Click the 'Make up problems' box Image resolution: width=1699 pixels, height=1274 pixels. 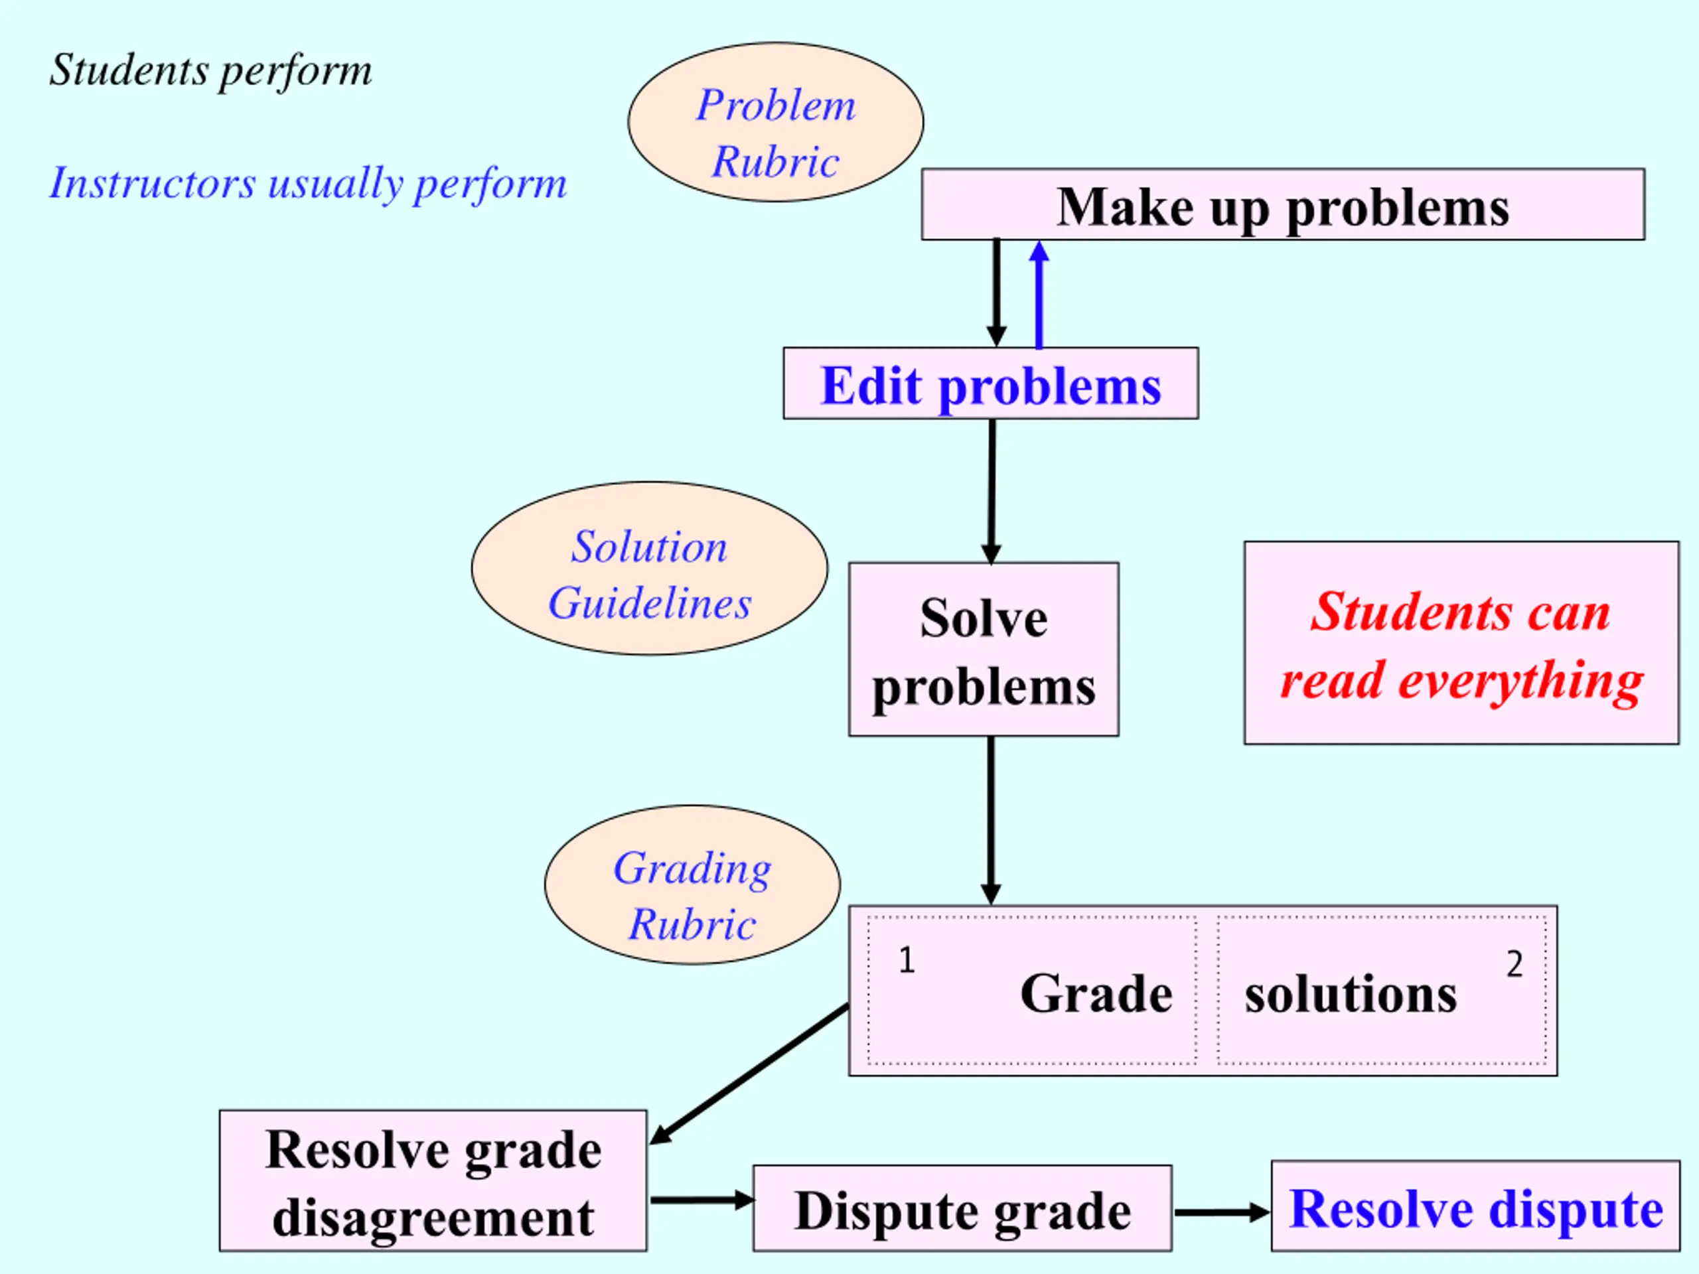(1283, 204)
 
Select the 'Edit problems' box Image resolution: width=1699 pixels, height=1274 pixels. (991, 384)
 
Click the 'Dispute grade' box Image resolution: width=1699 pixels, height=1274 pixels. (962, 1208)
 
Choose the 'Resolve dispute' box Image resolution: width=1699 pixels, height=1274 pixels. (1475, 1206)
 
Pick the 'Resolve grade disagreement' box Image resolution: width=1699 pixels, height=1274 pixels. (433, 1180)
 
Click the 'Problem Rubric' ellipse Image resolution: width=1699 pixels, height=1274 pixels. (776, 122)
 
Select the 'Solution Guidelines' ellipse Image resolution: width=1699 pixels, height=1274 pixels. (650, 568)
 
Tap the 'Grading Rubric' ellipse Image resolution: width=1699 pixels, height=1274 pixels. (692, 885)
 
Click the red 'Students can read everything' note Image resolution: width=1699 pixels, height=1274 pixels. (1461, 643)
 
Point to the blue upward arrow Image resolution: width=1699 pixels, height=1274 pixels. (1039, 295)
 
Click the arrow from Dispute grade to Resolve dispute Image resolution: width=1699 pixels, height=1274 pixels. (1222, 1212)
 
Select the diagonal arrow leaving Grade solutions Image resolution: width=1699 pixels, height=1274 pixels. (749, 1074)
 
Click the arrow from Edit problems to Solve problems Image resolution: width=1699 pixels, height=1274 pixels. (992, 492)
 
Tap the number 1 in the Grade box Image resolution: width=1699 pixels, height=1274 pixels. (907, 960)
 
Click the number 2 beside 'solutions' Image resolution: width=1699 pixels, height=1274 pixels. (1514, 963)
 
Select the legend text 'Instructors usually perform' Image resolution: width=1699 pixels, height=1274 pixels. (308, 184)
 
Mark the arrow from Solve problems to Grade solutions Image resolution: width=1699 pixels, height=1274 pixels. (991, 821)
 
